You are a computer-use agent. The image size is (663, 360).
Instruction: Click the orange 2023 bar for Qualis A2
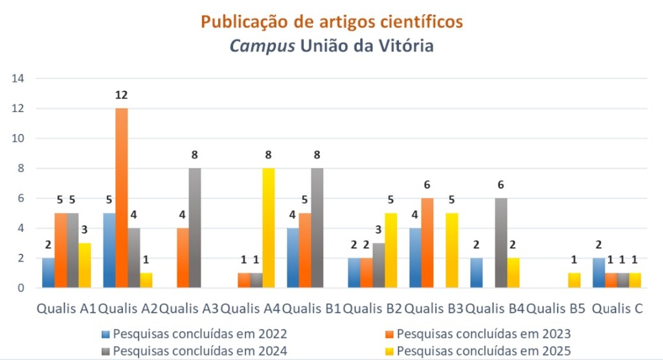pos(122,197)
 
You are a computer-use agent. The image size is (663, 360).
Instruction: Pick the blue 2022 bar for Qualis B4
pos(476,273)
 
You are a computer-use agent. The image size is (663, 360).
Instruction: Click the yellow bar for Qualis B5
pos(574,280)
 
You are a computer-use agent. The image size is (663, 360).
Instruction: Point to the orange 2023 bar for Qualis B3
pos(427,243)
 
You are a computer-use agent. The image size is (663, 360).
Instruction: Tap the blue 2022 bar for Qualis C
pos(598,273)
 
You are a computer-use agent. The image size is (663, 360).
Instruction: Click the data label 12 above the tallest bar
pos(122,95)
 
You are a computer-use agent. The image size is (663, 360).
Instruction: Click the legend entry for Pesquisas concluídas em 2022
pos(194,334)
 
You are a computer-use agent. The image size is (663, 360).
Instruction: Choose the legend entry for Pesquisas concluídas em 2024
pos(194,351)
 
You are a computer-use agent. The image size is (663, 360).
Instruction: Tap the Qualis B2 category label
pos(373,309)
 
